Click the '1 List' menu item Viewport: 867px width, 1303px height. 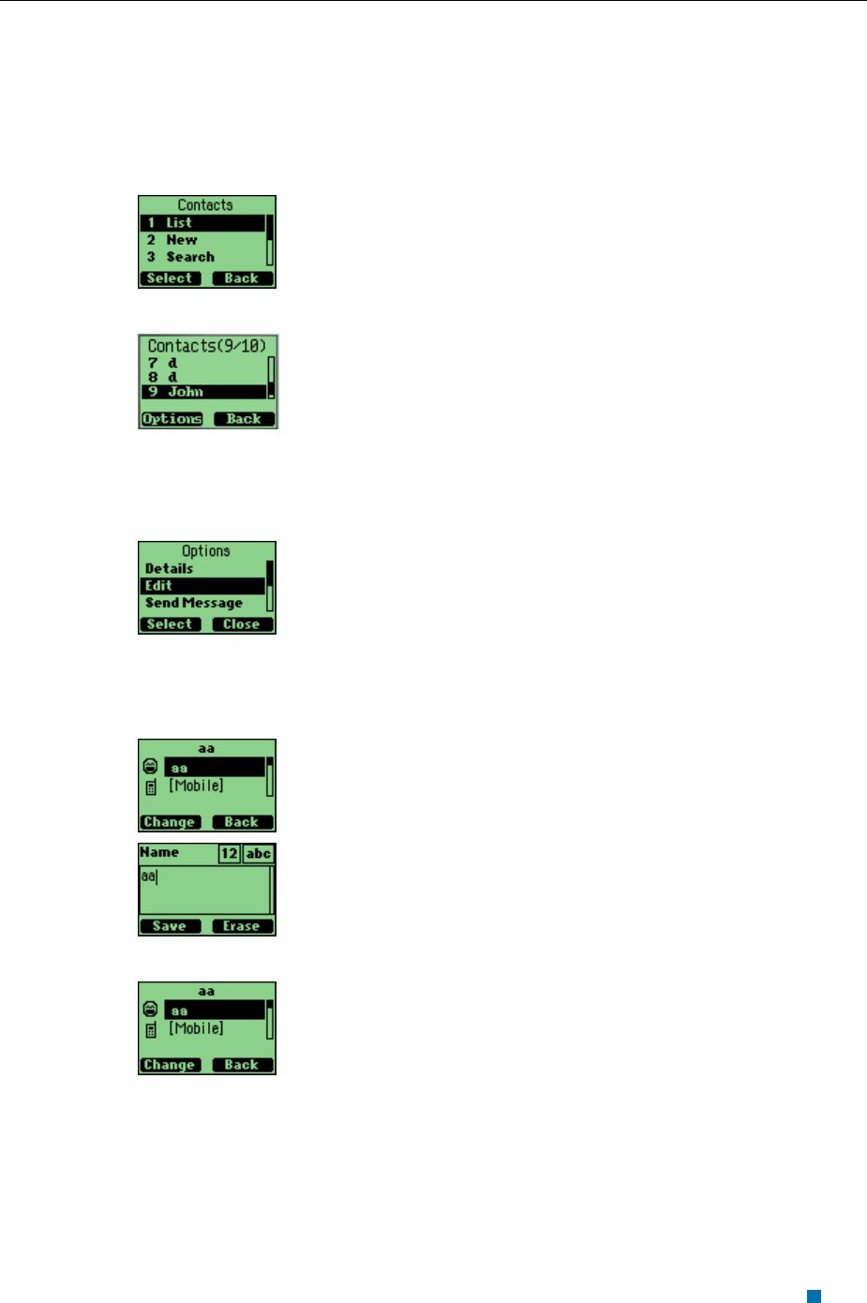202,223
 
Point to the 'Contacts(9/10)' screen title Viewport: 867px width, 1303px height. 207,346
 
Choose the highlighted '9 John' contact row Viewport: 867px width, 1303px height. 203,392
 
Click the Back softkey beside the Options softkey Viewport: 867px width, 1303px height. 244,419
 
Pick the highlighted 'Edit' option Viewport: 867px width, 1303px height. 202,586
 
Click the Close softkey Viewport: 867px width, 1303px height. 242,624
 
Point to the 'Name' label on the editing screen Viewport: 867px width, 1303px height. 159,852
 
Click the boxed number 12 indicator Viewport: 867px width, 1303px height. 230,853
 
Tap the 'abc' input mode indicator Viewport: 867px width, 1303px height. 258,853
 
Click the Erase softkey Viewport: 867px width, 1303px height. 242,926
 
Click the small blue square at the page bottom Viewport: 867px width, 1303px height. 814,1296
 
